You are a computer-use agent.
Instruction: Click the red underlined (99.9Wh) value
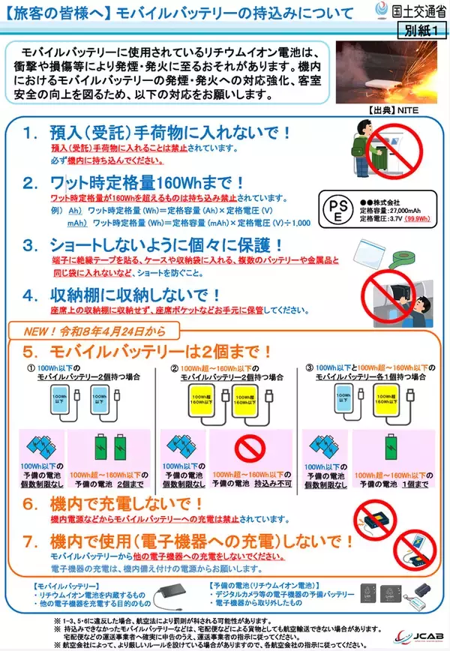[x=416, y=219]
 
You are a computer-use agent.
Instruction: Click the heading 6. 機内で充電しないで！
[x=127, y=505]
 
